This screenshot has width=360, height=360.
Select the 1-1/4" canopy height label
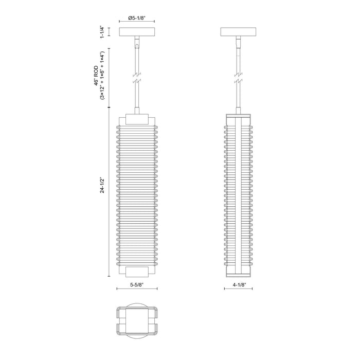click(103, 32)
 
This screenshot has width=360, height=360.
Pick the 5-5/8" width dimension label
click(137, 283)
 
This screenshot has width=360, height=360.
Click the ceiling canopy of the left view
click(137, 32)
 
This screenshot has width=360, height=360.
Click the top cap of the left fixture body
click(137, 119)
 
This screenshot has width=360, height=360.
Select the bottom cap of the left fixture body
click(137, 272)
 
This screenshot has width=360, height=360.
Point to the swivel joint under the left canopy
click(137, 44)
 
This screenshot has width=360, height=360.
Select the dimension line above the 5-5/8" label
click(137, 289)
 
